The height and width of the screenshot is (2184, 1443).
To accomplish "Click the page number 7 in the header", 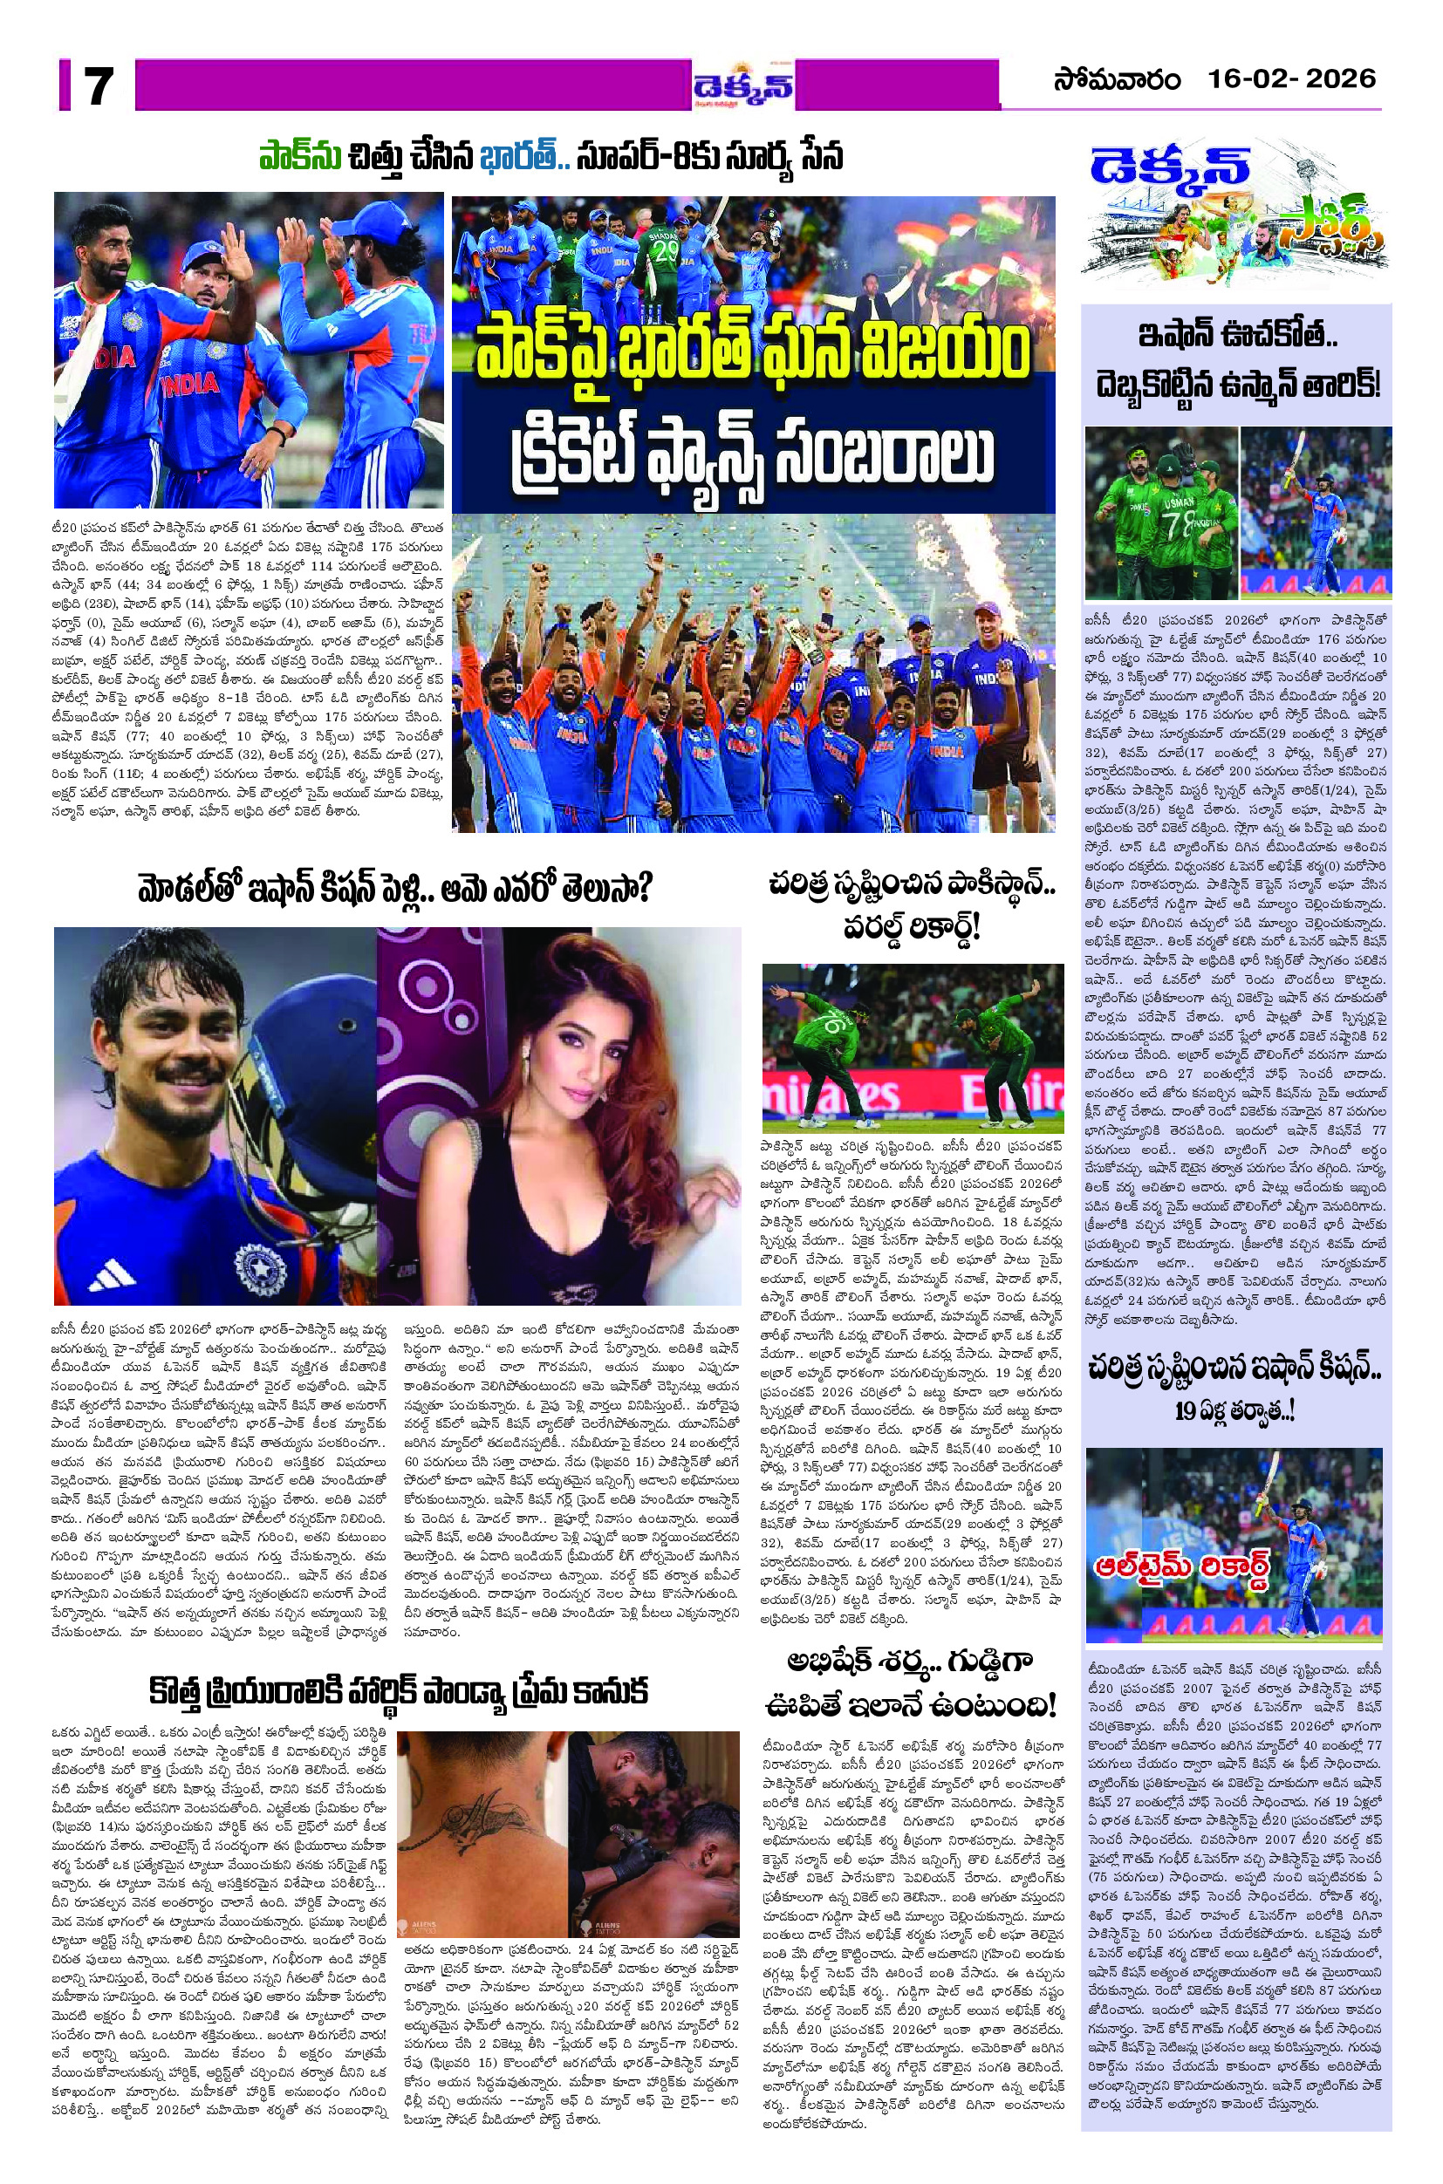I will [97, 85].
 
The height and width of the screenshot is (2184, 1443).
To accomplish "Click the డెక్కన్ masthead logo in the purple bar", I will [744, 91].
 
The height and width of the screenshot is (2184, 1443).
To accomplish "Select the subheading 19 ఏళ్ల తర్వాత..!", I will [1235, 1412].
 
